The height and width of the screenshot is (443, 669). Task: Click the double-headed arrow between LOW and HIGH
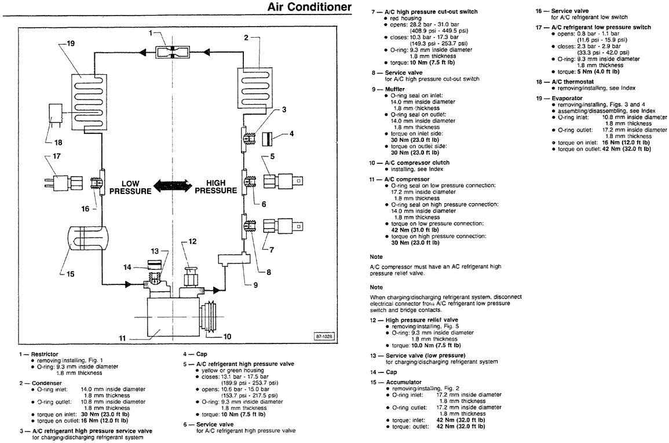pyautogui.click(x=172, y=186)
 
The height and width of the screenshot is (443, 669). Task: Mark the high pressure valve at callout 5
pyautogui.click(x=279, y=180)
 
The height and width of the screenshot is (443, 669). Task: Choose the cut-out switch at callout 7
pyautogui.click(x=280, y=227)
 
